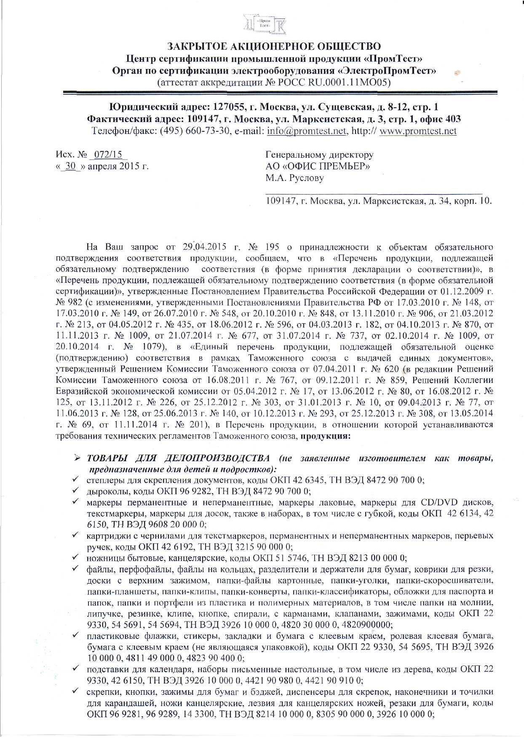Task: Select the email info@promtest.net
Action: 306,131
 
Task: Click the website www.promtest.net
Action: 418,131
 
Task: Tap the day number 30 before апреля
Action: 72,166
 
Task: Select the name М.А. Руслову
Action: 294,178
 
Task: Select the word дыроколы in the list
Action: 104,491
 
